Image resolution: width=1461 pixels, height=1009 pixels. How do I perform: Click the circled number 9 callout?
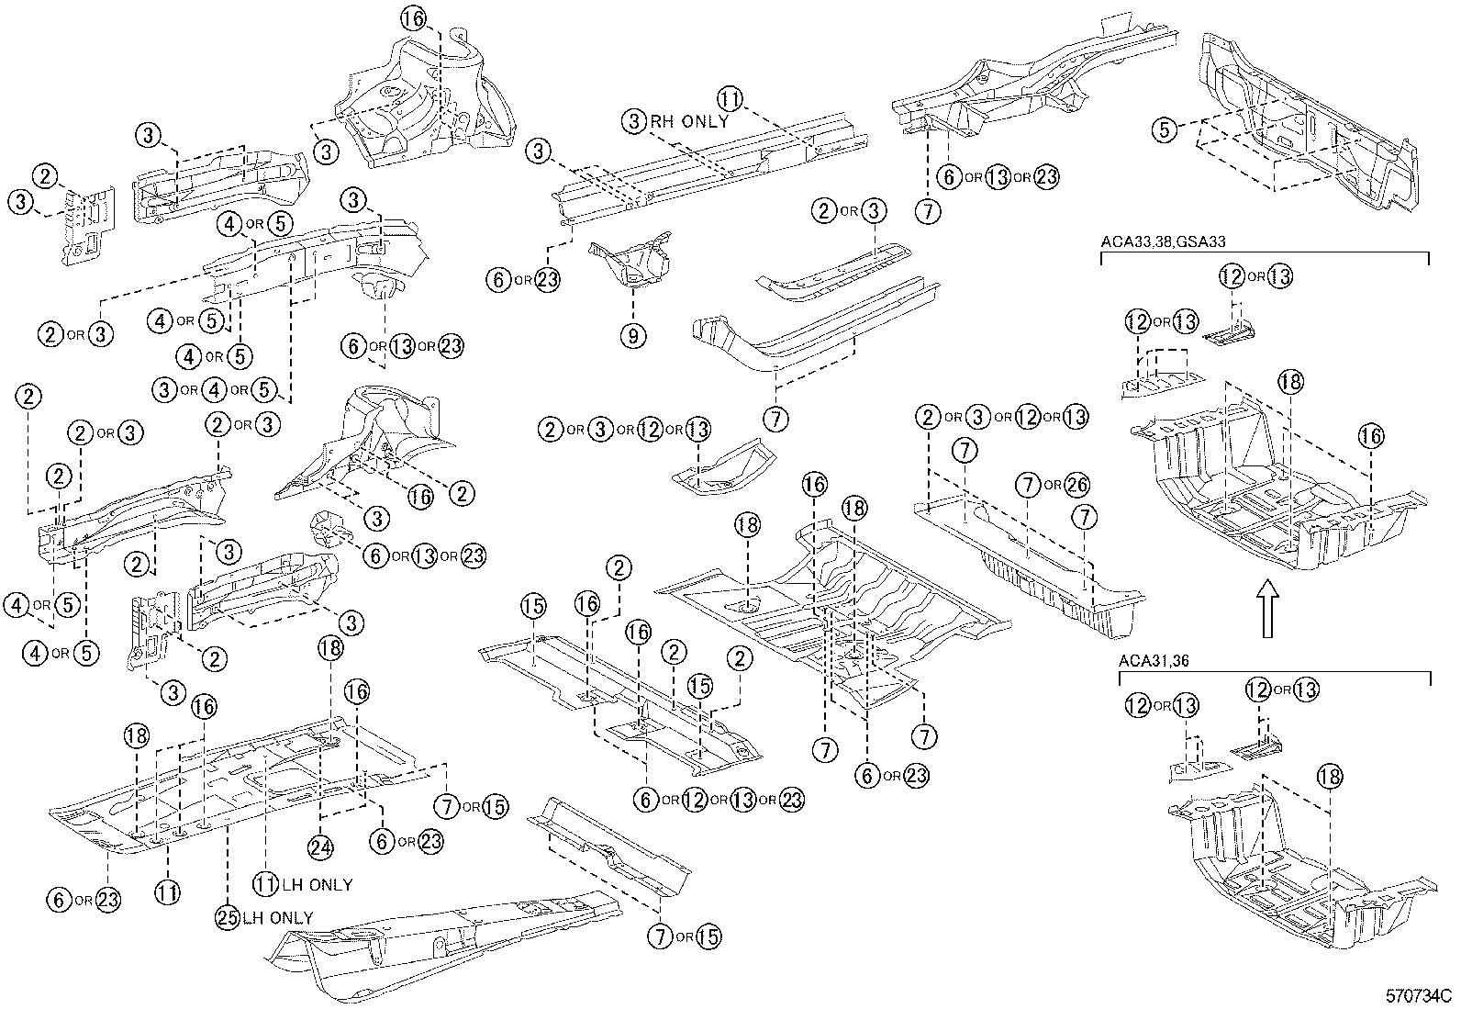[x=632, y=336]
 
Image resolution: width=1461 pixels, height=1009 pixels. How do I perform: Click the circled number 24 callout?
[x=318, y=847]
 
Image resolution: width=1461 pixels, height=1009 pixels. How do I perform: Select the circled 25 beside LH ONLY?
[x=227, y=916]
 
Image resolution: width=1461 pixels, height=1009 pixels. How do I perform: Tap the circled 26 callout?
[x=1078, y=484]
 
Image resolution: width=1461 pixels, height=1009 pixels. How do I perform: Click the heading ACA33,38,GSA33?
[x=1163, y=241]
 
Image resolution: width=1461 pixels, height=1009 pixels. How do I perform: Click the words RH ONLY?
[x=689, y=121]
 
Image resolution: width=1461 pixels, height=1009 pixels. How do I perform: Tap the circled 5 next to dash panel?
[x=1165, y=129]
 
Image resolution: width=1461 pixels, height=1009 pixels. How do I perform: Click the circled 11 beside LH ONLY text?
[x=265, y=883]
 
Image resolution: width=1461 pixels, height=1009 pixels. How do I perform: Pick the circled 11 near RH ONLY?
[x=730, y=99]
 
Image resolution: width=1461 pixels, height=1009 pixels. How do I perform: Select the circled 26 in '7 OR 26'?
[x=1078, y=484]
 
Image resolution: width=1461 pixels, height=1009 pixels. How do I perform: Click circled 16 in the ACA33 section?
[x=1371, y=436]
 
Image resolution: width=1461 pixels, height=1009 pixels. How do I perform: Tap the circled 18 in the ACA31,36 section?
[x=1330, y=775]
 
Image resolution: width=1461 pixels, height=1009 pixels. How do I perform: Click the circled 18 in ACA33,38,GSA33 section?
[x=1290, y=383]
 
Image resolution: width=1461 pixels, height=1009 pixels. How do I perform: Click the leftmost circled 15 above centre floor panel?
[x=533, y=606]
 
